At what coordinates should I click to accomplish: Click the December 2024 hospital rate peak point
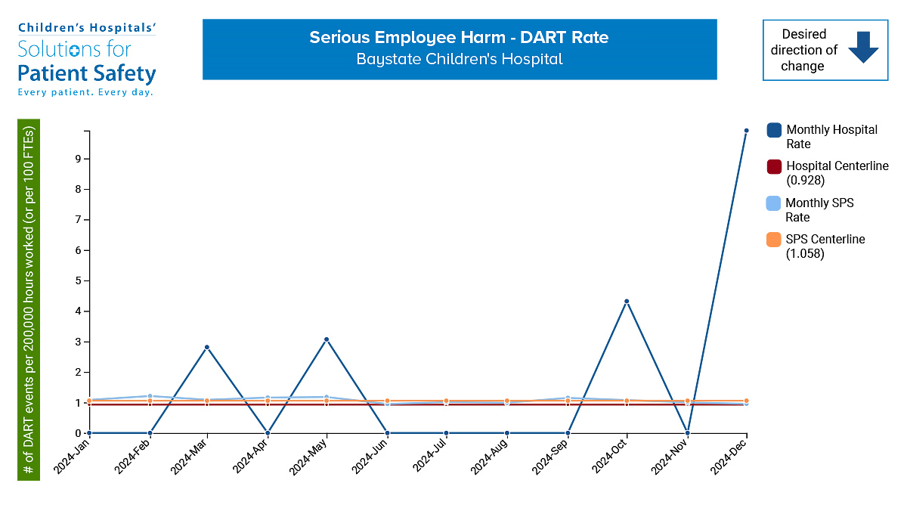[746, 131]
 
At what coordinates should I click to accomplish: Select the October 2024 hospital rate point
[627, 302]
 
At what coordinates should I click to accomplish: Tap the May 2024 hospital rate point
[327, 339]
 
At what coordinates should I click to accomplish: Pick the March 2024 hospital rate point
[206, 347]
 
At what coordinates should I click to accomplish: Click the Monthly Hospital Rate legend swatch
[774, 130]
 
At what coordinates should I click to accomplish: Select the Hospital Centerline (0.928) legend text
[837, 173]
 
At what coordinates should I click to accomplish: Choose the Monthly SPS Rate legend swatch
[774, 203]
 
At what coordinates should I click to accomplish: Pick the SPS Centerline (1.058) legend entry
[825, 246]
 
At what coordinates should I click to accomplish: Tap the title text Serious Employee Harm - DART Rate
[459, 38]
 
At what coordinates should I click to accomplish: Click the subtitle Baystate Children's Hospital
[459, 59]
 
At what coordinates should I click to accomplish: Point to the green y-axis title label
[29, 299]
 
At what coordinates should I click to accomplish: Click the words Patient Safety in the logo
[87, 73]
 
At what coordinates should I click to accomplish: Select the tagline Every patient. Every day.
[85, 92]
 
